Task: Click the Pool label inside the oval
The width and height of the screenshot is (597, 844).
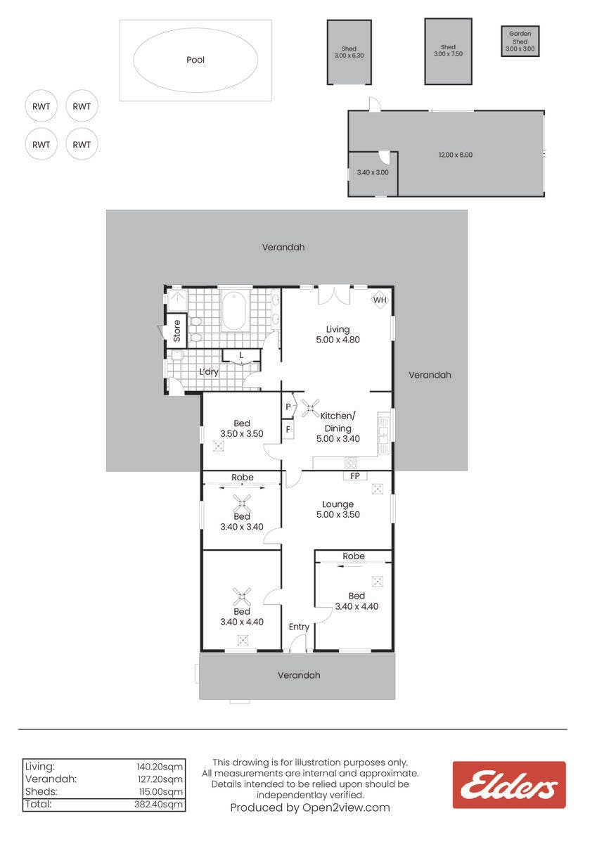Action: [195, 60]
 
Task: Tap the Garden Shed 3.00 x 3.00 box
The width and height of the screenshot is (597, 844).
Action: [520, 41]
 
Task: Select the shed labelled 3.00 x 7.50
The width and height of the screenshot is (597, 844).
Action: [448, 51]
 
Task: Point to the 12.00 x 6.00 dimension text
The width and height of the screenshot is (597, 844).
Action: [456, 155]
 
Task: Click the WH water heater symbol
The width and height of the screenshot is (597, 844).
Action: [380, 300]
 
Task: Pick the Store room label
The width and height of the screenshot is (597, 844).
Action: [177, 331]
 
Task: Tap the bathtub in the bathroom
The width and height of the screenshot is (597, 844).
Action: [234, 311]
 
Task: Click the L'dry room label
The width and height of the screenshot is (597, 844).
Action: [209, 372]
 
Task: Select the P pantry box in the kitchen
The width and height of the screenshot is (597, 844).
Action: [288, 407]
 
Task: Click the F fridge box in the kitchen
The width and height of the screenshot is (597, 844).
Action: [288, 430]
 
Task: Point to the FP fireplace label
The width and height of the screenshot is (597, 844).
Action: [355, 476]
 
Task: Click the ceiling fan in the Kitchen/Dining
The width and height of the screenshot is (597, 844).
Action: [310, 408]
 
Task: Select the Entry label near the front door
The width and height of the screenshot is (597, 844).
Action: [299, 627]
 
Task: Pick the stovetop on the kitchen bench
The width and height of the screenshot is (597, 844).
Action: [351, 462]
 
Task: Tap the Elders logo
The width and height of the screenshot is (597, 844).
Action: [509, 785]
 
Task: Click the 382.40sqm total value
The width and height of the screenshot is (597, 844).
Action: [158, 805]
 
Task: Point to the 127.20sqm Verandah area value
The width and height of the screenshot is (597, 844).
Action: [160, 779]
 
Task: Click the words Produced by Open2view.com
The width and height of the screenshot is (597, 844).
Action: [310, 808]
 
